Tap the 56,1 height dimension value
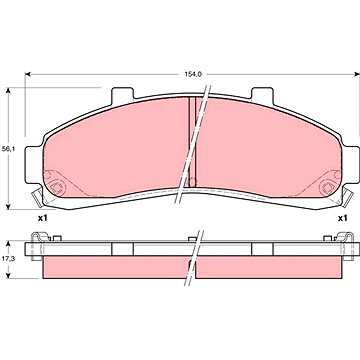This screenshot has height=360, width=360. pos(8,150)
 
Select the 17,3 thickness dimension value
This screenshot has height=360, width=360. pos(8,258)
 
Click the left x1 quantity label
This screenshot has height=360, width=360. pos(42,218)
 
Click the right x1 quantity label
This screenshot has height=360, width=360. pos(342,218)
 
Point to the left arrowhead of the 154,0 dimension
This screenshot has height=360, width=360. pos(28,74)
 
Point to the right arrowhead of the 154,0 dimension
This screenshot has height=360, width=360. pos(357,74)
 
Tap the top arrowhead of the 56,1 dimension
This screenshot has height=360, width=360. pos(9,91)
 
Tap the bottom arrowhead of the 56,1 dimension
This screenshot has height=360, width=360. pos(9,206)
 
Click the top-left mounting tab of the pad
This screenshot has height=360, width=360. pos(122,94)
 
